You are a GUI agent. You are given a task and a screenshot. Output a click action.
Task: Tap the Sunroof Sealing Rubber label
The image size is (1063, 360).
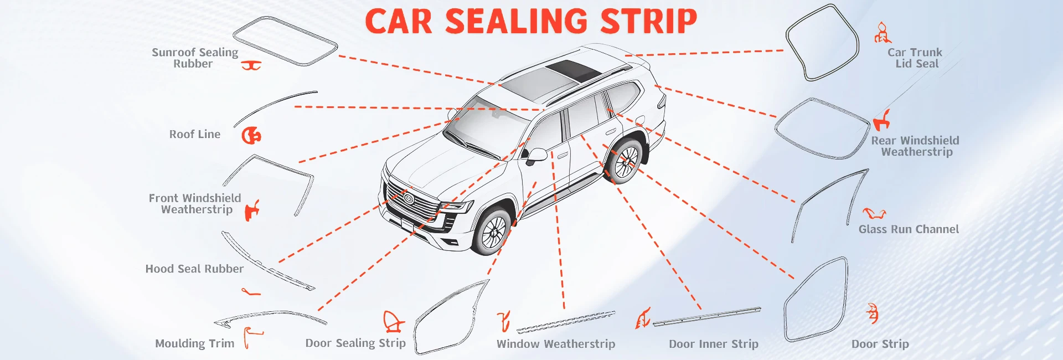194,58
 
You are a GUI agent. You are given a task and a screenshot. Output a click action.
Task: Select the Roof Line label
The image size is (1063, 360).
194,135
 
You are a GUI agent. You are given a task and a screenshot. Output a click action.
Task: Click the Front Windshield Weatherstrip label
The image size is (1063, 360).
195,204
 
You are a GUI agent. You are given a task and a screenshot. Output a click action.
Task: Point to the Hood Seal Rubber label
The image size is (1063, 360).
194,269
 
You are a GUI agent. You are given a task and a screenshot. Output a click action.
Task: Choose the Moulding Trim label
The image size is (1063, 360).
194,344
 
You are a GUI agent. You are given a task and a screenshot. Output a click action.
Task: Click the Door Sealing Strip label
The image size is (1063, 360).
355,343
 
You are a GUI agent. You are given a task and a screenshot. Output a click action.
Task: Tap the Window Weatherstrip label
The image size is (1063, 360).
555,344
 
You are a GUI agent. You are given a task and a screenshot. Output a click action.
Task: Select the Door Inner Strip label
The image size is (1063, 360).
713,344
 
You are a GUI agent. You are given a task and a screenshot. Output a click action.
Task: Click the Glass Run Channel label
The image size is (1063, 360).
908,229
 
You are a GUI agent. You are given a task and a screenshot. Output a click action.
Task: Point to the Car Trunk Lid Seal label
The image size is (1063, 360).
915,58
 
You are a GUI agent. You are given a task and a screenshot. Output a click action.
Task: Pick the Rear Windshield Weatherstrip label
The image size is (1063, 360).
915,146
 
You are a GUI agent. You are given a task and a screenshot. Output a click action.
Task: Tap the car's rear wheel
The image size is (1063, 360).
626,161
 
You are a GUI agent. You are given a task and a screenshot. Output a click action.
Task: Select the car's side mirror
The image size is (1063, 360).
536,155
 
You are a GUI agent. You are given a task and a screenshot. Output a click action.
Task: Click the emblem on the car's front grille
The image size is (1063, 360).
409,198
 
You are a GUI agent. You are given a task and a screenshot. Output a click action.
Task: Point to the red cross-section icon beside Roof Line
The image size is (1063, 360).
251,135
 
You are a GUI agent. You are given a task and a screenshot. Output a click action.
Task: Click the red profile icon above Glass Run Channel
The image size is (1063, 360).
874,213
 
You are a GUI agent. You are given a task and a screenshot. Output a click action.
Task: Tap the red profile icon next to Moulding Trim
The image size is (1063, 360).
252,336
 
